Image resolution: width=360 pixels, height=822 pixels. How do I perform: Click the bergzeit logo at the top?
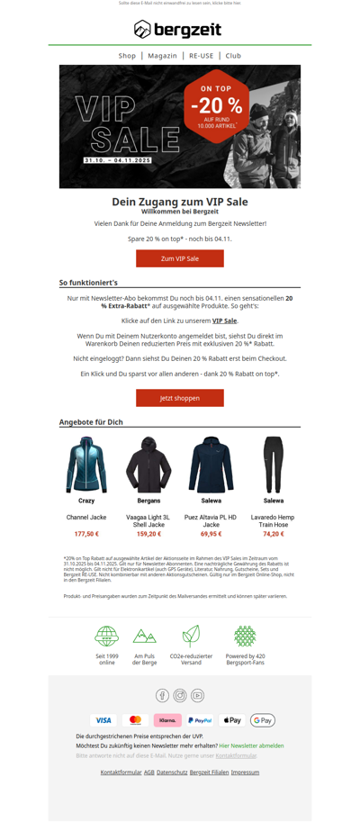tap(179, 30)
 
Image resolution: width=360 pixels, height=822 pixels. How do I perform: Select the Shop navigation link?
tap(127, 56)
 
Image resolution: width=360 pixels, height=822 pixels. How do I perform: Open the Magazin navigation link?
tap(162, 56)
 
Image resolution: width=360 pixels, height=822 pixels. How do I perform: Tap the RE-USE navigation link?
tap(202, 56)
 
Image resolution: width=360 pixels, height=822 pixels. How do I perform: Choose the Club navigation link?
tap(233, 56)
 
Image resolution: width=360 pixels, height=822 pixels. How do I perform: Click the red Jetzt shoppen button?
tap(179, 397)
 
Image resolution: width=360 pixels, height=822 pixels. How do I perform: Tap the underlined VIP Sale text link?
tap(224, 321)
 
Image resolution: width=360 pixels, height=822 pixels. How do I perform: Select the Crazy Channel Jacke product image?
tap(86, 465)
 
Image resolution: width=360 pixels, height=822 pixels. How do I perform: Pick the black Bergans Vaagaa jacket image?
tap(148, 465)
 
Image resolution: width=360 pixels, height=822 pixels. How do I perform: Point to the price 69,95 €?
tap(211, 534)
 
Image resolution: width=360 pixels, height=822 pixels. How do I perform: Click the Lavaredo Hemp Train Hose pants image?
tap(273, 465)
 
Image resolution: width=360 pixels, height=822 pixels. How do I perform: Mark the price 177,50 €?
tap(86, 534)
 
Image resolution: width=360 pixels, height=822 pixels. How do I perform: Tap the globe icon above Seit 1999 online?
tap(107, 636)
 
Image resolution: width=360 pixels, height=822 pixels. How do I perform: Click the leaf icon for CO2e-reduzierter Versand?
tap(191, 636)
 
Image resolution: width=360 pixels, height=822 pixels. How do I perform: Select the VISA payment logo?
tap(103, 720)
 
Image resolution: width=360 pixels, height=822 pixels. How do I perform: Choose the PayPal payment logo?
tap(200, 720)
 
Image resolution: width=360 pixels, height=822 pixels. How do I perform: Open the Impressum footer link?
tap(245, 772)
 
